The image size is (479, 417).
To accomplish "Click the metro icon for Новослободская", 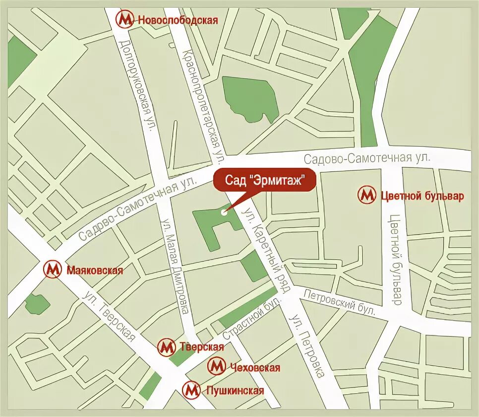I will coord(125,19).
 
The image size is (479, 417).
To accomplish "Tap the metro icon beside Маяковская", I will coord(53,270).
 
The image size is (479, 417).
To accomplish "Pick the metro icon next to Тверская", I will coord(167,347).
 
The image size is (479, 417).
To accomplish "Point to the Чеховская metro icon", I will coord(217,367).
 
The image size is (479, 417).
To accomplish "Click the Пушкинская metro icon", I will coord(191,390).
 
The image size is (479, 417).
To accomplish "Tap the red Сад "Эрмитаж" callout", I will coord(264,179).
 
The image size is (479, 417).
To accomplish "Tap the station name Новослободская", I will coord(178,20).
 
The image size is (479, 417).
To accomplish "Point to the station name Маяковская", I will coord(94,271).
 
